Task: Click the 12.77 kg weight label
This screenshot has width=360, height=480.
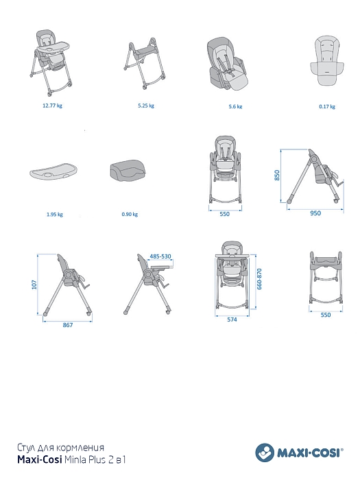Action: (x=52, y=106)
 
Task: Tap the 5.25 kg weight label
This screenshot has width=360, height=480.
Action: (x=146, y=106)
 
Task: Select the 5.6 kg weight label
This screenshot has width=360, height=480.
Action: (x=235, y=106)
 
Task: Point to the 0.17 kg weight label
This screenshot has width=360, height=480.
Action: (x=327, y=106)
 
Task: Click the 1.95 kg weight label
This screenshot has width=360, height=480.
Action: (x=55, y=214)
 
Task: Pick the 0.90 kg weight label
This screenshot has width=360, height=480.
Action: (x=130, y=214)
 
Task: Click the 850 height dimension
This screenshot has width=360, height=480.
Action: (x=277, y=175)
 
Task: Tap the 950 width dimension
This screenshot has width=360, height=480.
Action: (x=315, y=213)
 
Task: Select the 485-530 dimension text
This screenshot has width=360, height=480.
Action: (x=160, y=256)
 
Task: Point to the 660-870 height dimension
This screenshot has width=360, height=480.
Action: (x=260, y=279)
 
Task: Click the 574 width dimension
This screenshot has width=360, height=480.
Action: (x=232, y=320)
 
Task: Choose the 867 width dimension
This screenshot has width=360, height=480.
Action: (x=68, y=325)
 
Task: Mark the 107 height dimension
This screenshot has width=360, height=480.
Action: (x=34, y=285)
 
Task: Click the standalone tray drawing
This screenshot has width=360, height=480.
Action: (x=53, y=172)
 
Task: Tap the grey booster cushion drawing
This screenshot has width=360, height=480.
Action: (x=128, y=170)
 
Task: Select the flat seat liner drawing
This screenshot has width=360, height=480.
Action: (x=327, y=60)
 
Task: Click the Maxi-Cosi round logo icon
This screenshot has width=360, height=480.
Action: (x=265, y=453)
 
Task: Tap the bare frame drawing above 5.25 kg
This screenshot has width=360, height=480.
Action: (x=145, y=64)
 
